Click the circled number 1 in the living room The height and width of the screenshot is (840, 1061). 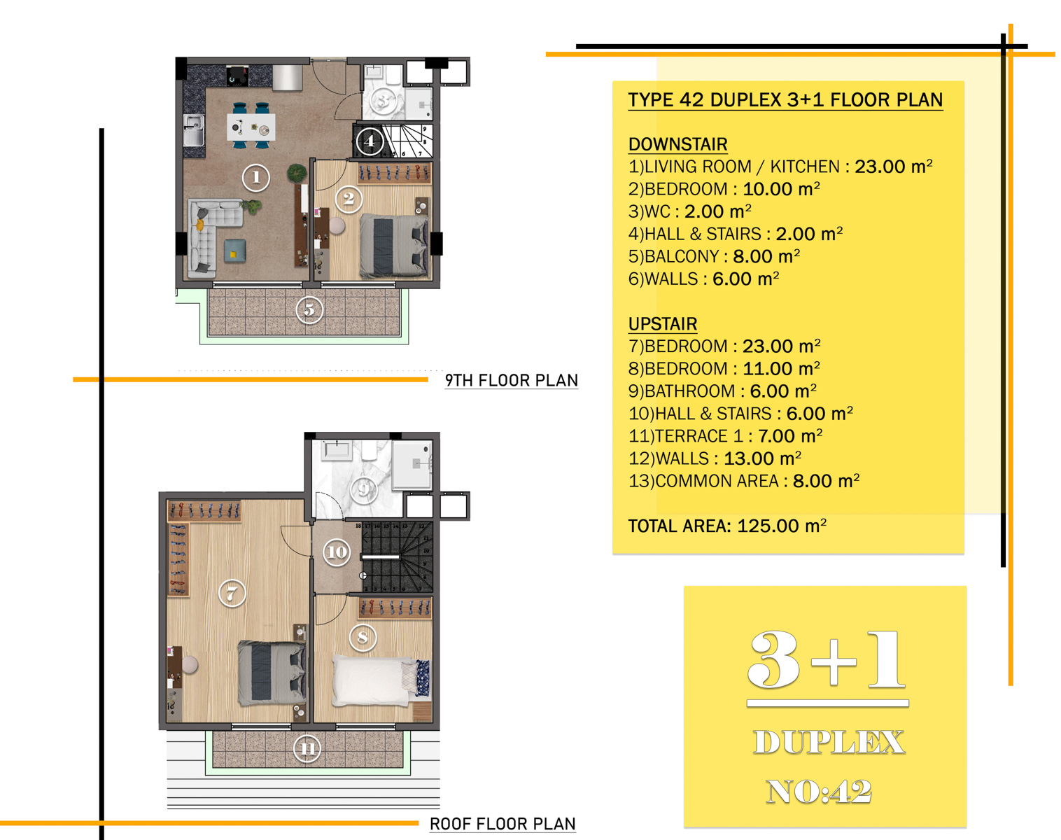(x=256, y=177)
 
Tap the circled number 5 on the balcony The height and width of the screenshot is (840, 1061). (x=309, y=310)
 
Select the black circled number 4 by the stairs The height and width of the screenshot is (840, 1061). (x=370, y=141)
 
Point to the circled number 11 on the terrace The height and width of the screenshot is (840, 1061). (x=307, y=749)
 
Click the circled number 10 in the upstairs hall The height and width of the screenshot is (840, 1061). (x=337, y=552)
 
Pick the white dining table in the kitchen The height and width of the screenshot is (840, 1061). (x=251, y=127)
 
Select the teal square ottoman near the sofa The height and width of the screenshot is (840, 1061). (x=235, y=250)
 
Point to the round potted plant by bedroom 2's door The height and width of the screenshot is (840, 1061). (x=297, y=173)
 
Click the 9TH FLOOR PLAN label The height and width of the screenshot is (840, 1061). (x=512, y=380)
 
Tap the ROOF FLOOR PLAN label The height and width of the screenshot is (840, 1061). (x=503, y=824)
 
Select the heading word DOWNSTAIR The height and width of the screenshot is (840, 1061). (x=678, y=144)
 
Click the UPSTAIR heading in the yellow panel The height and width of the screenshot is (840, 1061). (x=663, y=324)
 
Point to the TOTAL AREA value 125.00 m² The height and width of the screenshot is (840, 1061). (x=782, y=526)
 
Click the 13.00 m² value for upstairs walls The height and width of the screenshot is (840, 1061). (x=762, y=458)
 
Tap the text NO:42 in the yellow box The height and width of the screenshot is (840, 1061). (x=819, y=792)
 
